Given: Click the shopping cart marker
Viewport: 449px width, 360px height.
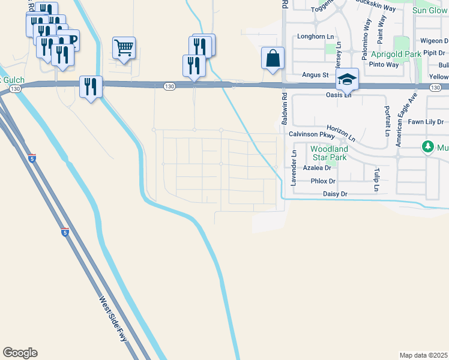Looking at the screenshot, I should (124, 47).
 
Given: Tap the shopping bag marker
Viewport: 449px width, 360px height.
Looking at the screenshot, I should (273, 59).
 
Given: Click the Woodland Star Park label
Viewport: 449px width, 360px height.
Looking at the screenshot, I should (328, 153).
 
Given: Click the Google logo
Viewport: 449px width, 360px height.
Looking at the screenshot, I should (20, 353).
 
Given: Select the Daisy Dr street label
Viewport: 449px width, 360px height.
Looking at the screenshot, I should (335, 194).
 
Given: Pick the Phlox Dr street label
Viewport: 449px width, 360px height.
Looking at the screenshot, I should (323, 181).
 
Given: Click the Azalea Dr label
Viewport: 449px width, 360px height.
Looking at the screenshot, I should (317, 168).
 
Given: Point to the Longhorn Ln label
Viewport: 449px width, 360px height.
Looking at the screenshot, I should (315, 37).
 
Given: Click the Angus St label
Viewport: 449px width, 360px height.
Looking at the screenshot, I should (315, 75).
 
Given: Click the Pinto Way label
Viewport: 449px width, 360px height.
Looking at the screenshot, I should (385, 64).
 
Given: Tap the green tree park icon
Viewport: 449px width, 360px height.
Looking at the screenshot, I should (427, 147).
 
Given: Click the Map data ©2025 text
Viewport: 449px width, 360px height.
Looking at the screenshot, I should (423, 355).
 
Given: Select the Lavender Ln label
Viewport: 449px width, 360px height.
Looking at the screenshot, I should (294, 168).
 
